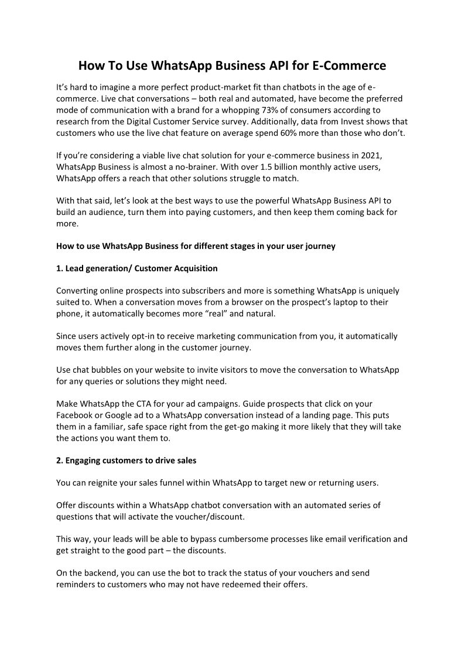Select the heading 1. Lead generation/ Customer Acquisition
tap(137, 268)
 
